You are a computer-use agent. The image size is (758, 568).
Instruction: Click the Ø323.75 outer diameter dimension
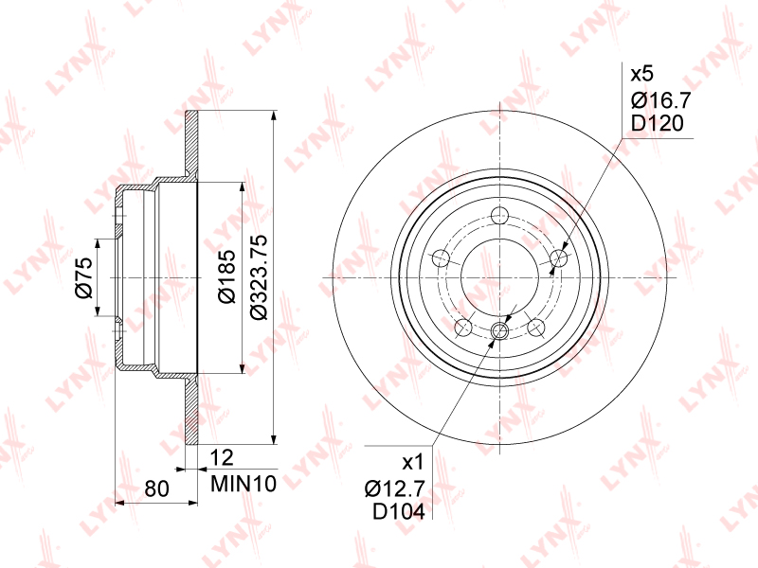point(260,277)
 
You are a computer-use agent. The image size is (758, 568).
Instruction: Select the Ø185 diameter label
point(227,276)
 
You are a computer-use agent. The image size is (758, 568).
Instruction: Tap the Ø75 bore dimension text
point(83,277)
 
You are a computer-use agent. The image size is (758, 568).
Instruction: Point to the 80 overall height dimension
point(156,488)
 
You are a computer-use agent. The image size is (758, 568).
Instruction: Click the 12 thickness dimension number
point(222,457)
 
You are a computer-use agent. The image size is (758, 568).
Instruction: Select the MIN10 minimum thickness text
point(244,484)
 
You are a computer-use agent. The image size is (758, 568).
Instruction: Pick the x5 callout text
point(642,75)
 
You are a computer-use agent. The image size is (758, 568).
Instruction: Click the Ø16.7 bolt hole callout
point(661,100)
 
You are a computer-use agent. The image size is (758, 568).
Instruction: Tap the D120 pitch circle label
point(658,124)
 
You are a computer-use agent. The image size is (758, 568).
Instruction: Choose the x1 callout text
point(413,463)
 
